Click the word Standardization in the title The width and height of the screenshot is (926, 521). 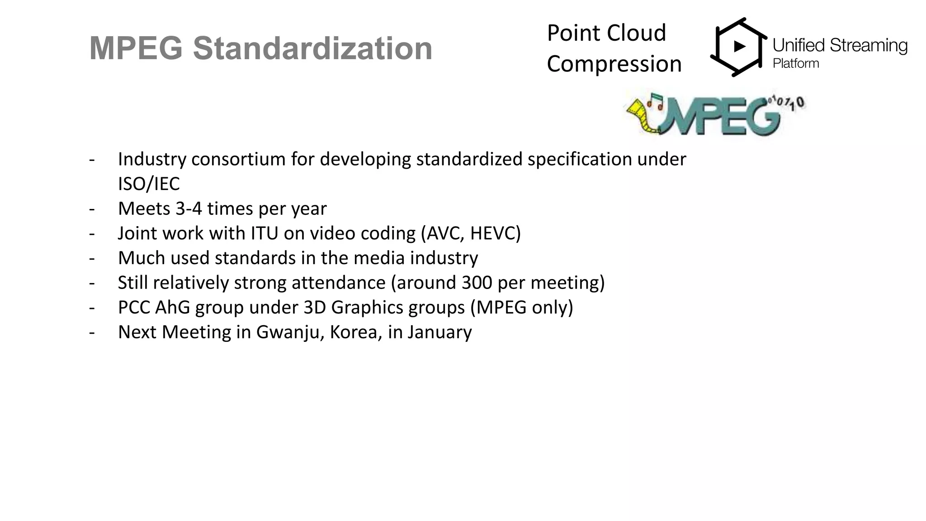tap(312, 48)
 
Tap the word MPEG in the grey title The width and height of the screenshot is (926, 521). tap(136, 48)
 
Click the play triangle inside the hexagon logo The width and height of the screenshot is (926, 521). tap(739, 46)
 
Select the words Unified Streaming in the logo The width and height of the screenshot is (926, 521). tap(840, 46)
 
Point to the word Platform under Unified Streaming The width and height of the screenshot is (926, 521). tap(796, 63)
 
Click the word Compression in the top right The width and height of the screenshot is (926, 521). tap(614, 64)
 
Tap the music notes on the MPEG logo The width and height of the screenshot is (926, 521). tap(655, 101)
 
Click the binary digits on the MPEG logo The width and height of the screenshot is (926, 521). tap(787, 102)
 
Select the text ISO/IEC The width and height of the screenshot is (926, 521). tap(149, 184)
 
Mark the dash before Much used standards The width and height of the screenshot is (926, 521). tap(92, 258)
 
